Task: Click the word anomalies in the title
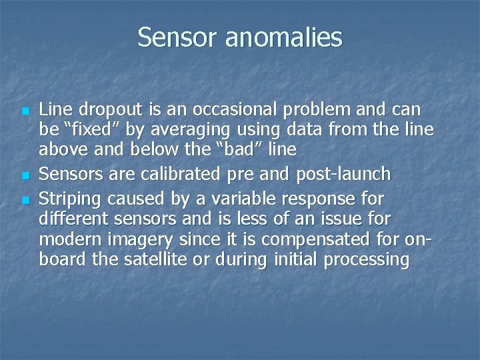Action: coord(283,37)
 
